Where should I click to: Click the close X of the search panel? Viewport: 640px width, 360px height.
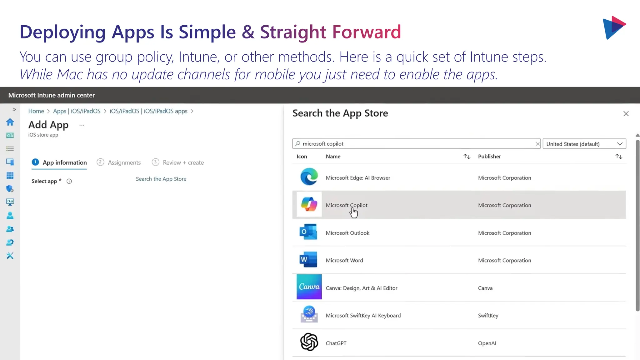coord(626,114)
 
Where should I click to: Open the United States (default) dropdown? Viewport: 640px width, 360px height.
coord(584,144)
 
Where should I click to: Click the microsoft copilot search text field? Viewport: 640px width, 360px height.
coord(416,144)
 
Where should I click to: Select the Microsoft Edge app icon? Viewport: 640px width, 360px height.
coord(309,177)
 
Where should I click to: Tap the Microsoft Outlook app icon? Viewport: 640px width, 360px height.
coord(308,232)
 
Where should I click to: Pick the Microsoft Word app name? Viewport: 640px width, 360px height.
coord(344,260)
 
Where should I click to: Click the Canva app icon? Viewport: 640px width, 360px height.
coord(309,287)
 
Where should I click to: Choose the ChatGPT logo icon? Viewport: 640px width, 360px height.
coord(309,342)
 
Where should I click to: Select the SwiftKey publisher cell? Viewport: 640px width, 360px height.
coord(488,316)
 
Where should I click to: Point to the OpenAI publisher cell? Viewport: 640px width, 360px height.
coord(487,343)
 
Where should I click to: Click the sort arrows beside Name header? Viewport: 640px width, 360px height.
coord(467,157)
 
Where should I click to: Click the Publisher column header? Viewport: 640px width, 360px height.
coord(489,157)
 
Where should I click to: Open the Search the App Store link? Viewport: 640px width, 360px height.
coord(161,179)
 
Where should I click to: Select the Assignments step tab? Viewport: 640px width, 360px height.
coord(124,162)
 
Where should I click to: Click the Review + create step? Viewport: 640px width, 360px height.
coord(183,162)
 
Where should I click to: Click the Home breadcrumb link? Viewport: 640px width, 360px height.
coord(36,111)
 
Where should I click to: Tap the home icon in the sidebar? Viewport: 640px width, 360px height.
coord(10,122)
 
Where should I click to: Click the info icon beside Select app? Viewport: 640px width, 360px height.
coord(69,181)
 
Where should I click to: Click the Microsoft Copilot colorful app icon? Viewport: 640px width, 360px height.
coord(309,205)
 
